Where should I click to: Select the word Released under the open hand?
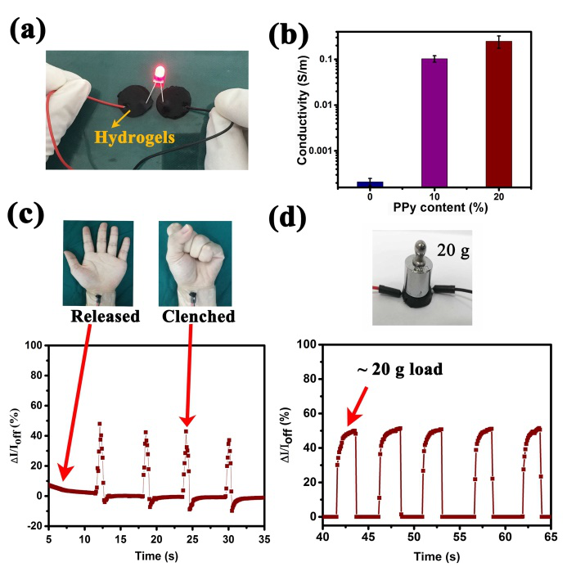coord(104,316)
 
